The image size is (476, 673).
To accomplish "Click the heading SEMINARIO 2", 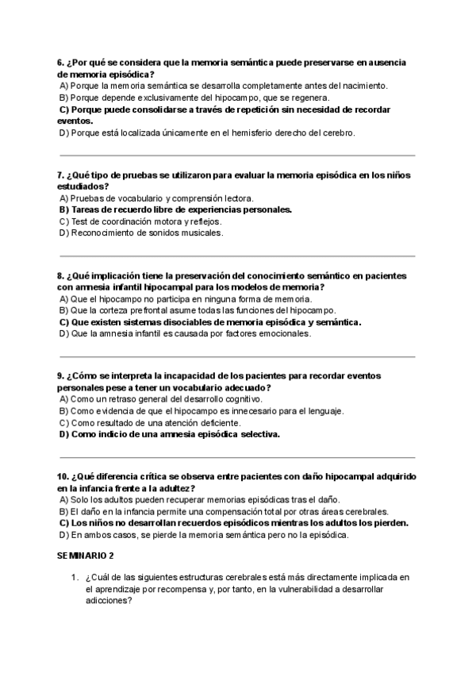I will (86, 557).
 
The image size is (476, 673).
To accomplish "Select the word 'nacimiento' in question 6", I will (363, 85).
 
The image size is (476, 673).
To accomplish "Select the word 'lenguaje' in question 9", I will (325, 411).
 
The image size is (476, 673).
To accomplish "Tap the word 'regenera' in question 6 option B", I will (309, 97).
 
